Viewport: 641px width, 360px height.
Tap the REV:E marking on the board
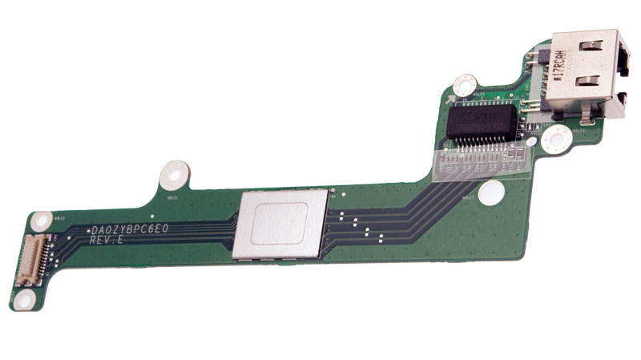coord(107,240)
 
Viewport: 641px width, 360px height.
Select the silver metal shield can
coord(280,224)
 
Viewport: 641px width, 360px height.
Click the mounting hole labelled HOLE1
coord(174,173)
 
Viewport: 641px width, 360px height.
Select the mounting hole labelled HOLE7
coord(493,192)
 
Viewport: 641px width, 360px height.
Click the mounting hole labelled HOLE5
coord(466,86)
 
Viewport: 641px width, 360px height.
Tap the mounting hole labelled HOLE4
coord(555,139)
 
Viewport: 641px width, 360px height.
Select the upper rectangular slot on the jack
coord(589,47)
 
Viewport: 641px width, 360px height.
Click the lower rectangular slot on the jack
coord(589,81)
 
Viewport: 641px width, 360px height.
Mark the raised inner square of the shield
coord(277,224)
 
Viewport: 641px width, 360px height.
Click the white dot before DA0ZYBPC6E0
coord(88,230)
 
